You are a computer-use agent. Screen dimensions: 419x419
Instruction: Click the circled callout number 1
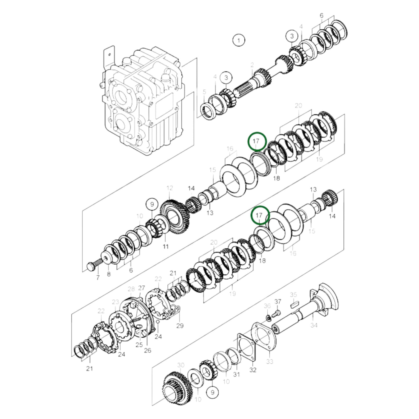click(x=239, y=40)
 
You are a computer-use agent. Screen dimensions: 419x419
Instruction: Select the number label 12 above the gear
click(x=170, y=188)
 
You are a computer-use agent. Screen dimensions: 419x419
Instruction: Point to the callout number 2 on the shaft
click(x=252, y=65)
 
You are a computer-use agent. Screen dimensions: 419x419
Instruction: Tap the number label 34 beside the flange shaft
click(x=314, y=325)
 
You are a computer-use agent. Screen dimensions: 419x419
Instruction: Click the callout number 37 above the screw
click(x=278, y=302)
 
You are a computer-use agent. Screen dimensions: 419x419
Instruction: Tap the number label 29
click(x=180, y=326)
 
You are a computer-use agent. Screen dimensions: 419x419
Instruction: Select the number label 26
click(x=147, y=350)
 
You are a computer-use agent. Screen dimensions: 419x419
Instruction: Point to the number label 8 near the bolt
click(x=109, y=274)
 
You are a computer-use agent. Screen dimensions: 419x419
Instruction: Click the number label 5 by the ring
click(x=204, y=92)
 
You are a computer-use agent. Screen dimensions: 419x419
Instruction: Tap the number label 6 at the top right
click(x=321, y=16)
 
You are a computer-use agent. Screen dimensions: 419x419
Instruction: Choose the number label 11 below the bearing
click(x=165, y=246)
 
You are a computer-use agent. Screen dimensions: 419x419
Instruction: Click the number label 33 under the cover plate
click(x=270, y=362)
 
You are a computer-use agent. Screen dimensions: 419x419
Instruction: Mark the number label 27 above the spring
click(x=141, y=288)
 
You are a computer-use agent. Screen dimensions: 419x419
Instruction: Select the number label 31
click(x=237, y=374)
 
